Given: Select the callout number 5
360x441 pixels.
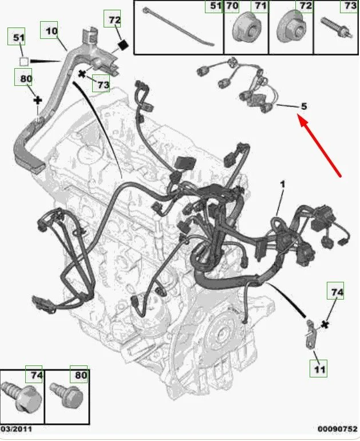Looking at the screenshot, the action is (x=304, y=107).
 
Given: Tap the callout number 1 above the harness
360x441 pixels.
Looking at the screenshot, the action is (x=283, y=184).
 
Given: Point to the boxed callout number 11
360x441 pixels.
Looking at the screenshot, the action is (x=319, y=369).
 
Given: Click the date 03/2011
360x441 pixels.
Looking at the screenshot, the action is (x=17, y=429).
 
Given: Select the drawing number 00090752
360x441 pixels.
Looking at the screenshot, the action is (x=337, y=429).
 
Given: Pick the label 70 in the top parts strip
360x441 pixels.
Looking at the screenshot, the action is (x=232, y=6).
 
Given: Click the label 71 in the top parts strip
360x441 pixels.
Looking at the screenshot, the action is (x=260, y=6).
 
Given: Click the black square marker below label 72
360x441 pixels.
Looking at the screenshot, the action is (x=122, y=45).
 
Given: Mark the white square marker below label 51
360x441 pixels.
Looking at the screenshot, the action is (x=24, y=61).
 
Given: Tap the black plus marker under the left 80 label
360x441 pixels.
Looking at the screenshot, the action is (x=38, y=100).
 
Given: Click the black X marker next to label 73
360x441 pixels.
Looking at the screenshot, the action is (x=82, y=74).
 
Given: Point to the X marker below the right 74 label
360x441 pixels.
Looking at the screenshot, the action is (x=325, y=325).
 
